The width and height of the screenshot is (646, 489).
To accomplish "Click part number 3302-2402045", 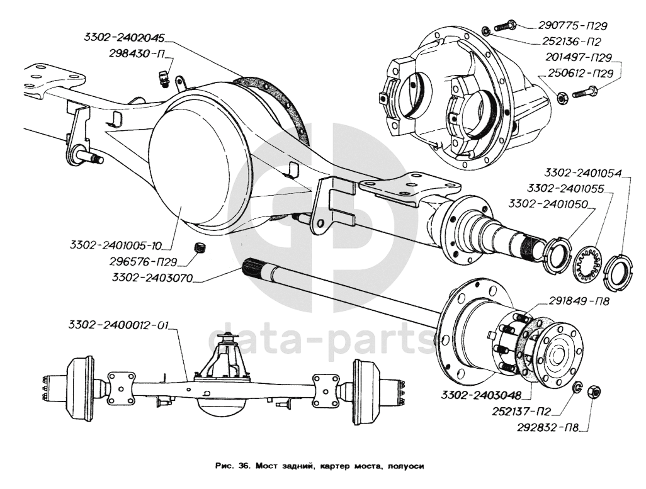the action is click(124, 38).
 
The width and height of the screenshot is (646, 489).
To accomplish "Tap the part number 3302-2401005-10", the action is click(115, 245).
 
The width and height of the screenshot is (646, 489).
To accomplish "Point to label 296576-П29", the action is click(144, 262).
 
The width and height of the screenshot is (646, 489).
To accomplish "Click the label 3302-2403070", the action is click(152, 278).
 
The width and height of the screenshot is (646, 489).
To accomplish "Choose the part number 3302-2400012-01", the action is click(118, 325).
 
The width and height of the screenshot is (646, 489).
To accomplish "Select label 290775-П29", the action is click(573, 26).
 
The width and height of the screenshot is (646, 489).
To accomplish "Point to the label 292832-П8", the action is click(548, 428).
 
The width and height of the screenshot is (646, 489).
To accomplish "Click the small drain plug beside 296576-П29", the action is click(200, 248).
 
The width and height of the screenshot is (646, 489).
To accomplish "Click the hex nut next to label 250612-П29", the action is click(561, 98).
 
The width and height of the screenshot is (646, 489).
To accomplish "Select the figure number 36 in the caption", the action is click(244, 466).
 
